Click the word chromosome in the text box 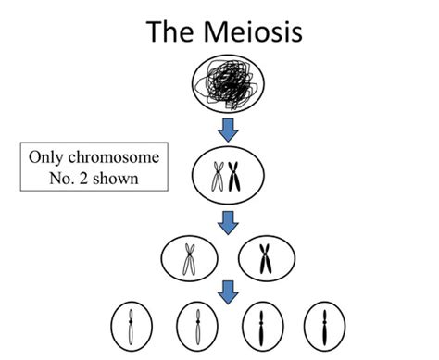click(x=122, y=157)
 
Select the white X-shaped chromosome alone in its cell click(x=189, y=260)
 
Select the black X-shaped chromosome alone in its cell click(x=266, y=260)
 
